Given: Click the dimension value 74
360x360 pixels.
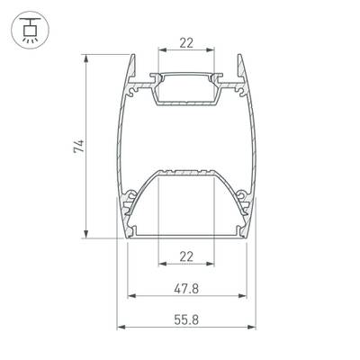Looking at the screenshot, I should click(x=79, y=146).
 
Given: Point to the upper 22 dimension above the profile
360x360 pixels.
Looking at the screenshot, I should click(x=185, y=42).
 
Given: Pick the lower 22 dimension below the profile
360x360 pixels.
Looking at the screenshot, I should click(x=185, y=256).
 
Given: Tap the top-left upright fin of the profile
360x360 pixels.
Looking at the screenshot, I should click(x=130, y=67).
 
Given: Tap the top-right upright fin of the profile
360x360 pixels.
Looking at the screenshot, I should click(x=242, y=67).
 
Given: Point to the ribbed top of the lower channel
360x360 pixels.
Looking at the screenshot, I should click(x=185, y=170).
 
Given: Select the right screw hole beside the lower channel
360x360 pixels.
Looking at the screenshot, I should click(x=240, y=192).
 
